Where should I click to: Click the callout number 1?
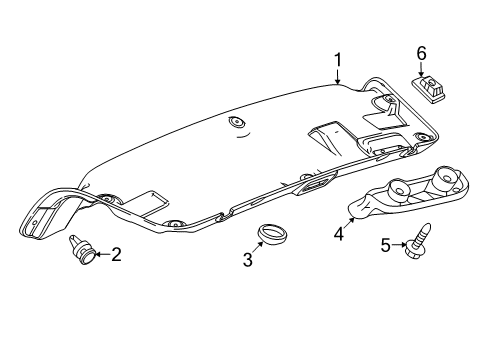pos(337,61)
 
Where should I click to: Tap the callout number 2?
pos(115,255)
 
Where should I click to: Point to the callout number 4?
pos(339,236)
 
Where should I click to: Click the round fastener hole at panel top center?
pos(236,122)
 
